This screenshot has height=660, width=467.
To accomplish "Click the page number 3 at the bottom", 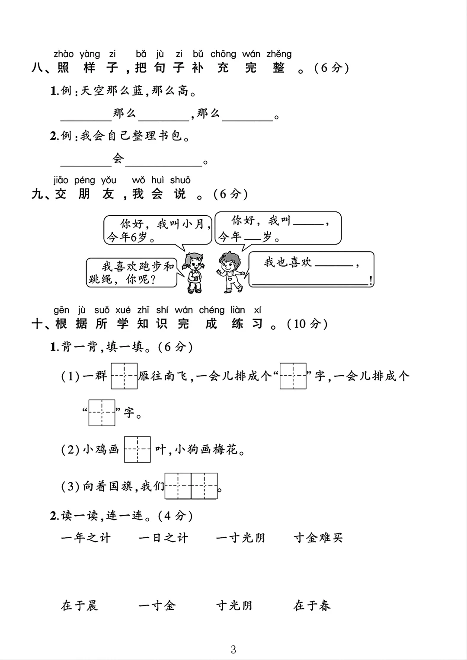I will pos(233,649).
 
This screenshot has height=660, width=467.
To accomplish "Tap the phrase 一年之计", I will pos(86,538).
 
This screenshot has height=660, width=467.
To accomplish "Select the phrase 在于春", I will pos(312,606).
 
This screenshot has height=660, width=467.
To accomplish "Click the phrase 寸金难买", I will pos(318,538).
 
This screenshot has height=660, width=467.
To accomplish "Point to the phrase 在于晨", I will pos(80,606).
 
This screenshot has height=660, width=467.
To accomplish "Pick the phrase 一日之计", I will pos(163,538).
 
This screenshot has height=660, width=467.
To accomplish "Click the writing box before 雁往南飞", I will pos(124,376).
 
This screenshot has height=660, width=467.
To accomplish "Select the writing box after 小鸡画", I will pos(138,450).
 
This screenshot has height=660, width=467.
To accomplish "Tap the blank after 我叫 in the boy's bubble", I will pos(308,223).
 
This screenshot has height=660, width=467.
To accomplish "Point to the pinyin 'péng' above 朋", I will pos(84,180).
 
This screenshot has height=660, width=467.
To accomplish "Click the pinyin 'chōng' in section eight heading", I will pos(223,54).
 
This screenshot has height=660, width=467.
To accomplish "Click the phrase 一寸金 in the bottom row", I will pos(157,606).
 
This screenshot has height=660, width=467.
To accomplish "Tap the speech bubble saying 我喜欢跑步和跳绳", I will pos(131,272).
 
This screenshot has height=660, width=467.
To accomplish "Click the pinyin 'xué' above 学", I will pos(123,310).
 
